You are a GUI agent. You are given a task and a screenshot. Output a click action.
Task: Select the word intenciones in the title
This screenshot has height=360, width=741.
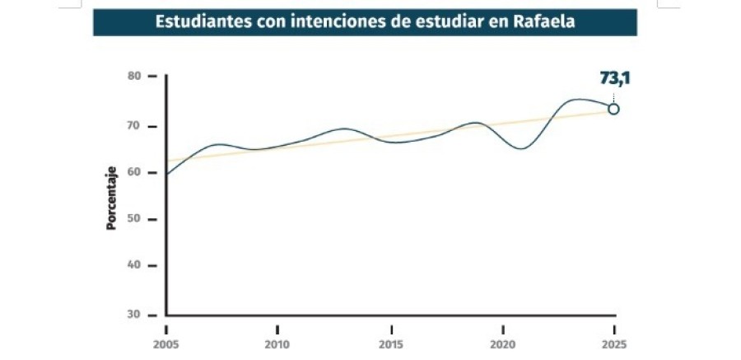[x=343, y=22]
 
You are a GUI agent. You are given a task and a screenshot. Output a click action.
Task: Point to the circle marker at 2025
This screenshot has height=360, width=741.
[x=613, y=109]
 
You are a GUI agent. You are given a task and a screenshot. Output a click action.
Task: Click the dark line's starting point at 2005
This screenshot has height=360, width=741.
[x=167, y=174]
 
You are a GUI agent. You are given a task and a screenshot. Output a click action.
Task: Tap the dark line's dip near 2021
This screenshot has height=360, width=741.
[x=521, y=148]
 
